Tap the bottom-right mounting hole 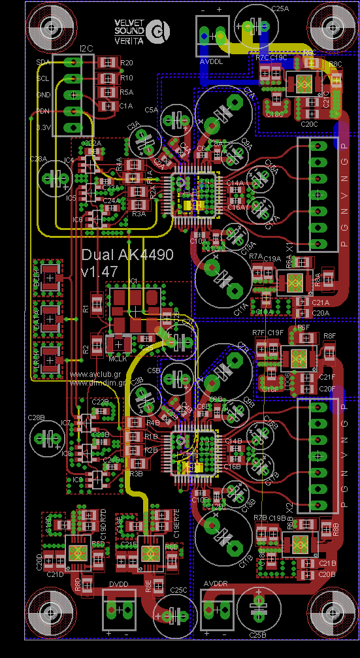click(x=332, y=613)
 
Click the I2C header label click(x=86, y=49)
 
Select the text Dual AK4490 click(x=127, y=255)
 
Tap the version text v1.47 click(x=99, y=270)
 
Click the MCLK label click(x=117, y=359)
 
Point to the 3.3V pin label click(x=43, y=127)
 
